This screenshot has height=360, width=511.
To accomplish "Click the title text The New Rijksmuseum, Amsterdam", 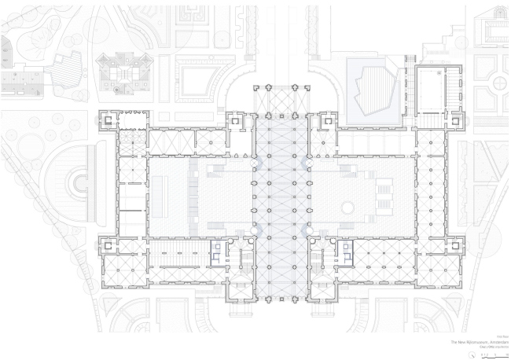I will (x=479, y=343).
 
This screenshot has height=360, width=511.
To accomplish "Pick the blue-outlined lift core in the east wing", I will (x=344, y=251).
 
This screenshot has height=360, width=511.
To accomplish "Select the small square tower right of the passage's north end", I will (x=325, y=123).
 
